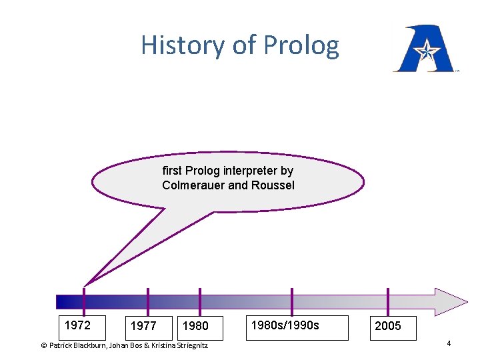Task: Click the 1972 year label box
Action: tap(83, 326)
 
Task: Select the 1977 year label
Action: tap(143, 326)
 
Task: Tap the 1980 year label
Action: tap(195, 326)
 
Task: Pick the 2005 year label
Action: tap(388, 326)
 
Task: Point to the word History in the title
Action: tap(183, 46)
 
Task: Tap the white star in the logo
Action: tap(425, 49)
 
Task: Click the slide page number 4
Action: tap(449, 343)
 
